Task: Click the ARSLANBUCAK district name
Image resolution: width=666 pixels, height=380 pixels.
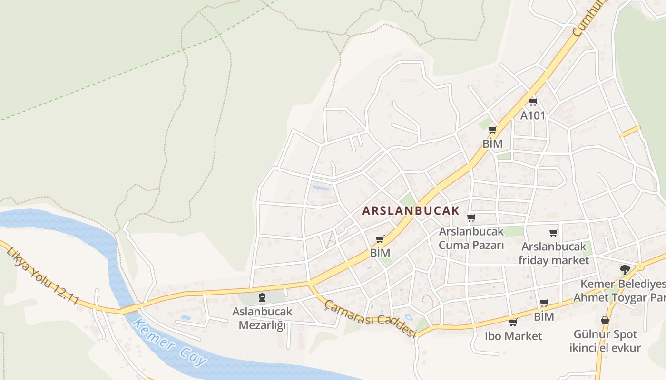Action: point(411,211)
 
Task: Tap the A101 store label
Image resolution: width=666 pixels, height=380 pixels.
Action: point(533,115)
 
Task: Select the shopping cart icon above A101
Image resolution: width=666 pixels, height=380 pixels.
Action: point(533,102)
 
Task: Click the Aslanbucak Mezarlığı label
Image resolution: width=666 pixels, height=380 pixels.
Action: point(262,318)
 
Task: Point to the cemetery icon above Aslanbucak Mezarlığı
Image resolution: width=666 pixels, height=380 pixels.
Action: point(261,298)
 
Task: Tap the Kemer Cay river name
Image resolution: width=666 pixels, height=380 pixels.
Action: point(170,342)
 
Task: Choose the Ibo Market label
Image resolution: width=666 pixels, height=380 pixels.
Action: point(513,336)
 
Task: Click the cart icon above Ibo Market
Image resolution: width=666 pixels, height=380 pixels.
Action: point(513,323)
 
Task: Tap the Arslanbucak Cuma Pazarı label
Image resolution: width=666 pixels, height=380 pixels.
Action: point(471,238)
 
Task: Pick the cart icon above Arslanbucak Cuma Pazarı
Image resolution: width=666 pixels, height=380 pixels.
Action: point(471,218)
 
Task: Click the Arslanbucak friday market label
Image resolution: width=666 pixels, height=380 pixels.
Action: point(554,253)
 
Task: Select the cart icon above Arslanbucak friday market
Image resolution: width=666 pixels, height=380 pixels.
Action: point(554,233)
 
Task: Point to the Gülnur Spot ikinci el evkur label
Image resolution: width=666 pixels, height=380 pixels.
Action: point(605,341)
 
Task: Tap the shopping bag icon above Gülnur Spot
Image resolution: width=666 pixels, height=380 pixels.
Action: point(605,321)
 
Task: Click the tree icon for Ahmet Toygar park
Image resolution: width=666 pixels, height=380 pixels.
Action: point(625,270)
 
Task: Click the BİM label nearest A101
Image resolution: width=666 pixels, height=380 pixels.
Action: point(492,143)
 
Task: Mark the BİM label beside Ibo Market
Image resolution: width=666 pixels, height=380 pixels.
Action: point(544,316)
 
